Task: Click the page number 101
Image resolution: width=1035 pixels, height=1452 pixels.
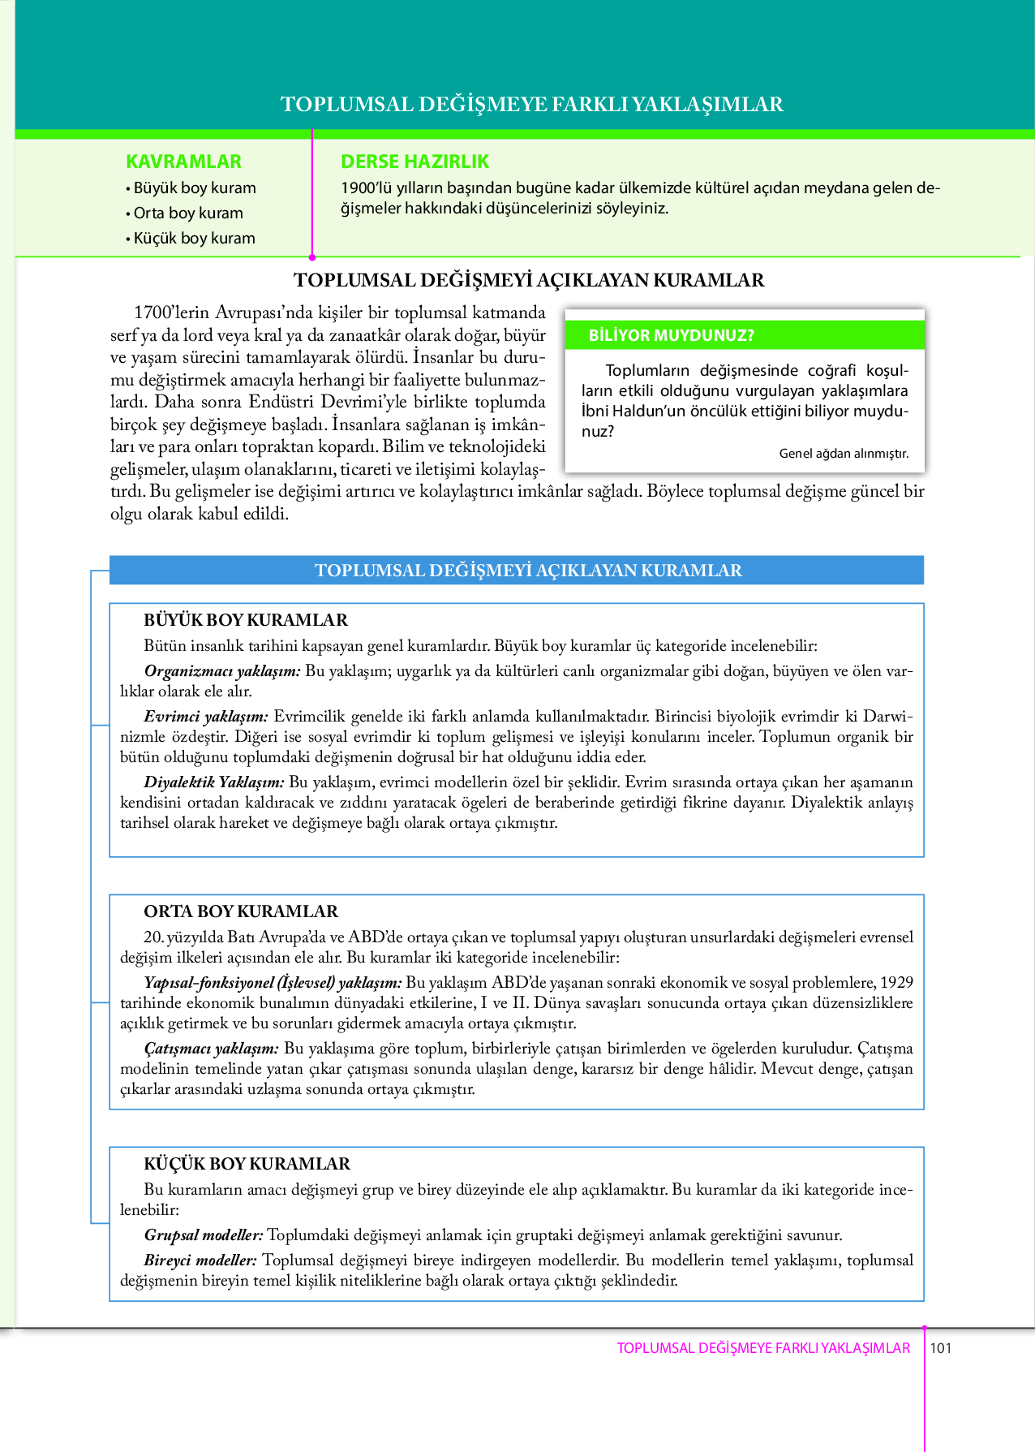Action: point(941,1348)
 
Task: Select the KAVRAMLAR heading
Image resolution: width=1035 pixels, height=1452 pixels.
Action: point(183,162)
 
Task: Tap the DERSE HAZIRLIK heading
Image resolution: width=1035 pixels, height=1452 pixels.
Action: point(414,162)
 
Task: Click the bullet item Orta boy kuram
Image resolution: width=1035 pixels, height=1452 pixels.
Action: point(187,213)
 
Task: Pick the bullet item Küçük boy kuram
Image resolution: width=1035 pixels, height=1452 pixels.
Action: point(194,239)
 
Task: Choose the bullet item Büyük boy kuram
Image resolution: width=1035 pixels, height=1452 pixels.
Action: point(194,188)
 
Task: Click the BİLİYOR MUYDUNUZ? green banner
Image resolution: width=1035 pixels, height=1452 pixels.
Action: point(745,335)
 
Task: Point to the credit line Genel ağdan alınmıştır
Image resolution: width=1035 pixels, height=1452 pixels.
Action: point(844,454)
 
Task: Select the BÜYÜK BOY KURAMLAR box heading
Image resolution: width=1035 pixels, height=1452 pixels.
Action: point(246,620)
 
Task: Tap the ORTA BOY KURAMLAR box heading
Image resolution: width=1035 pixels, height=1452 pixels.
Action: point(241,911)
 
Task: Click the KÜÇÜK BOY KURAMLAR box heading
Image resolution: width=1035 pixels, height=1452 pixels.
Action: point(247,1164)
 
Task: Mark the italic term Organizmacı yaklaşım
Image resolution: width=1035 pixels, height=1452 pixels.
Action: point(222,671)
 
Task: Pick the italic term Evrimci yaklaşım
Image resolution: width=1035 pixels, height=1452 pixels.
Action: point(206,717)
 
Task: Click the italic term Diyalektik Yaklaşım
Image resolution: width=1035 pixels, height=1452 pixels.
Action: point(214,782)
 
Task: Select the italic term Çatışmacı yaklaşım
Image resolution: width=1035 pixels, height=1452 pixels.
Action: point(212,1049)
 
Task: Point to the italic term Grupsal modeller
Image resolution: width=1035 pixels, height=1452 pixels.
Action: point(204,1235)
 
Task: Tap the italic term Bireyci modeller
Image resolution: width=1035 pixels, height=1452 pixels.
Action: point(200,1260)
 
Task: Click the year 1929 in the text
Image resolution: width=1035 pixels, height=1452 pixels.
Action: point(896,983)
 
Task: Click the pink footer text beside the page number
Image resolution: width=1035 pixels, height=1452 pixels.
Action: point(763,1348)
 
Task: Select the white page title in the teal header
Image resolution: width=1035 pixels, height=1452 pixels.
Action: point(532,104)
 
